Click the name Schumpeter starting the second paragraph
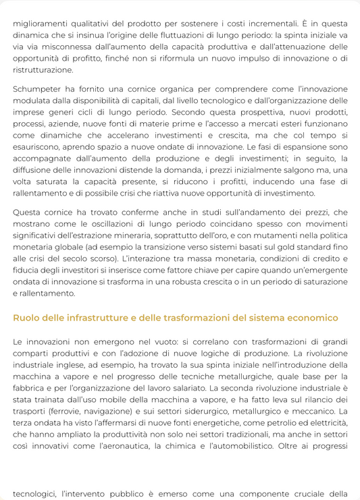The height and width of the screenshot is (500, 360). (40, 89)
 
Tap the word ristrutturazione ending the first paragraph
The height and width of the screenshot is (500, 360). (43, 70)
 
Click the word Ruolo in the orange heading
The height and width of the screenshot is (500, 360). (27, 318)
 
